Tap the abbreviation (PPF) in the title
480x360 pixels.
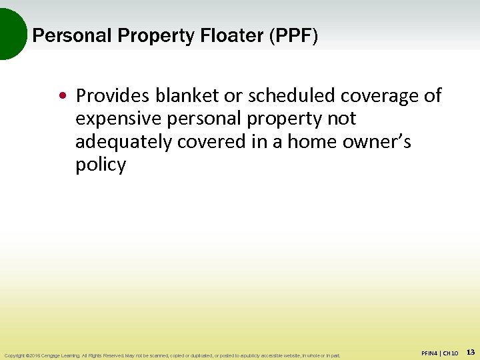293,35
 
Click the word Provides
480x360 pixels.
113,96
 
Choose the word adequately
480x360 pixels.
123,142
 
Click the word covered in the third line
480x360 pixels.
210,142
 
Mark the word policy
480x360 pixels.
101,165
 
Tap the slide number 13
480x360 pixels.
470,351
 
